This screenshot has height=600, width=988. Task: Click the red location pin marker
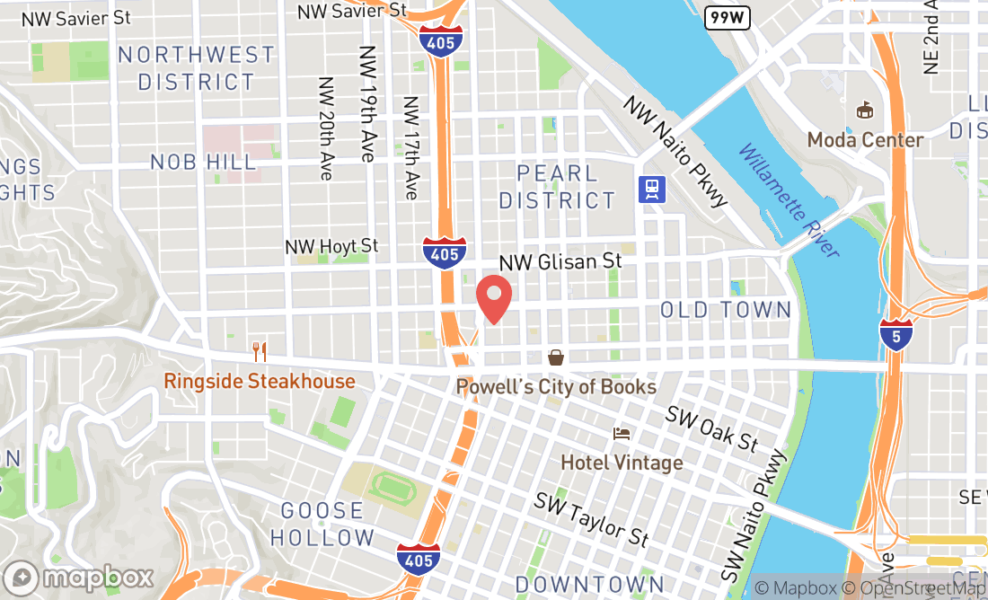[493, 299]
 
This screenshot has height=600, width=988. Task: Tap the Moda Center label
[865, 140]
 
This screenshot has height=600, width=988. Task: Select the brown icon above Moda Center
[865, 110]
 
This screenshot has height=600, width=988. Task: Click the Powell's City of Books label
[556, 387]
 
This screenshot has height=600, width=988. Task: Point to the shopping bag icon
[556, 358]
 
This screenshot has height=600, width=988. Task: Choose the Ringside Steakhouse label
[260, 382]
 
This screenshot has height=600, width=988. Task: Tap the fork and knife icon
[260, 350]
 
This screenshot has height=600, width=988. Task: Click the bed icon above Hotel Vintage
[622, 434]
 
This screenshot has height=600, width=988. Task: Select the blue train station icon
[652, 189]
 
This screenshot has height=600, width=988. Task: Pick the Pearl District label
[557, 187]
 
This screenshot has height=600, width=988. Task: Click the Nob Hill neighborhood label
[203, 163]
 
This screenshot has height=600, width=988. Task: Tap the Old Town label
[726, 311]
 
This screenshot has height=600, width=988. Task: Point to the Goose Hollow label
[322, 525]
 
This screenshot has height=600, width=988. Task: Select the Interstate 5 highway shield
[896, 334]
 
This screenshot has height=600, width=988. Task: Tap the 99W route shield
[727, 17]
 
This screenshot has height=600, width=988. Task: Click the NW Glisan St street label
[560, 261]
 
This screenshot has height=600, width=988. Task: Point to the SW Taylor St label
[591, 519]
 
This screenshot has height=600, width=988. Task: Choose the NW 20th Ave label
[326, 128]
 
